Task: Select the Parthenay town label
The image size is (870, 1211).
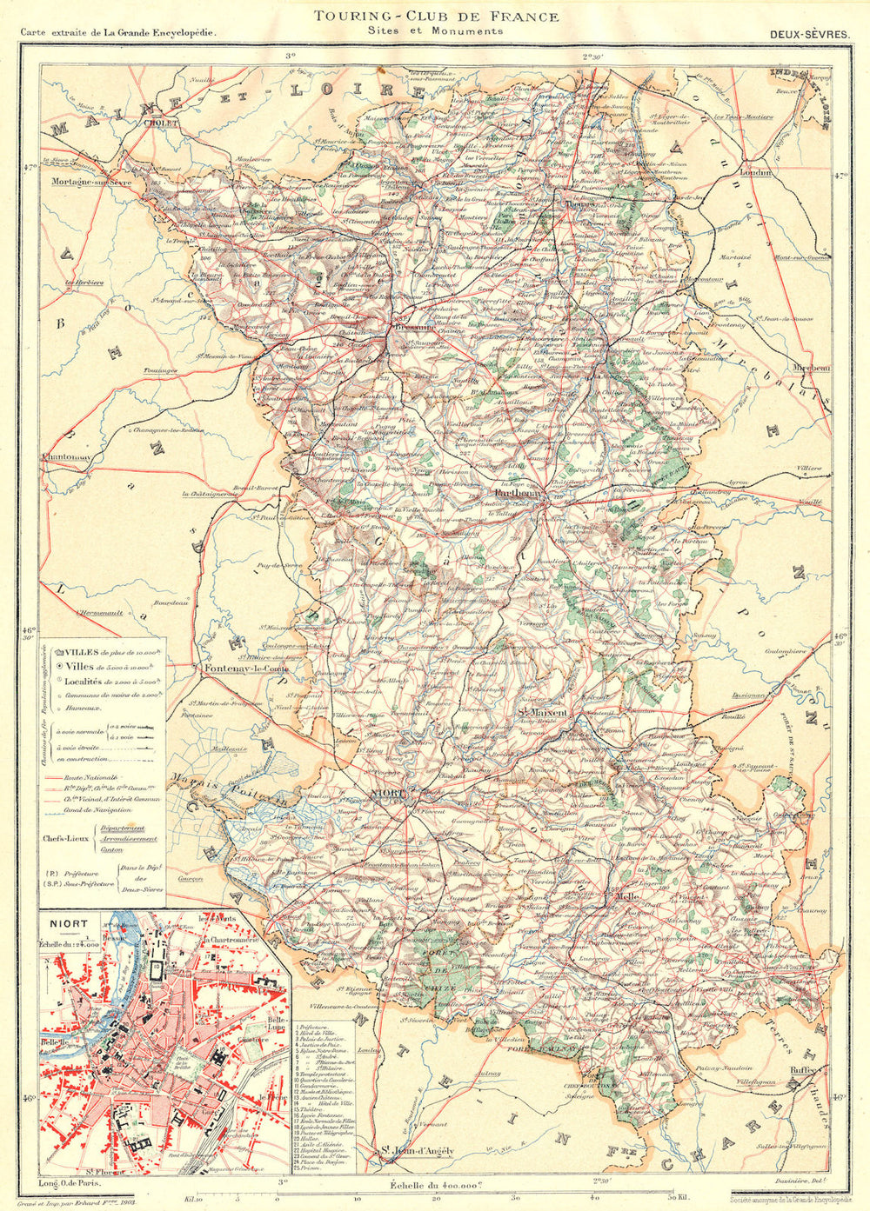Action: (x=516, y=493)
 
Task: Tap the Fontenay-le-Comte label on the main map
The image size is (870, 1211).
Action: (x=245, y=669)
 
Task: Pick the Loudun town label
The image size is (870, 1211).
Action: (x=755, y=172)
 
